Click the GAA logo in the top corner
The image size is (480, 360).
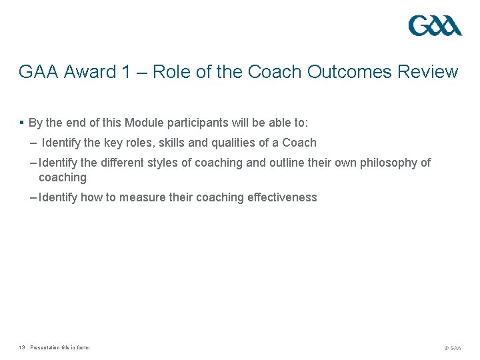tap(435, 26)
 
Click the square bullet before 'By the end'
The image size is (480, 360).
tap(22, 123)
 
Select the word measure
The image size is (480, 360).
tap(151, 197)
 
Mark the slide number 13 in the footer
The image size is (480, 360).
tap(22, 347)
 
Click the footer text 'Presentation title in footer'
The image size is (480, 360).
tap(60, 347)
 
